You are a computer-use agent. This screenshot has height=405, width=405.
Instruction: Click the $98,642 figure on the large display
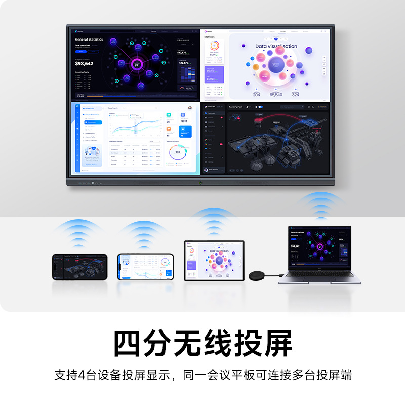click(84, 63)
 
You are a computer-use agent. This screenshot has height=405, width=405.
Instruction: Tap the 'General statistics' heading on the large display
click(89, 39)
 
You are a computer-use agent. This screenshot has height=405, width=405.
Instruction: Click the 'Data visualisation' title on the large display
click(276, 46)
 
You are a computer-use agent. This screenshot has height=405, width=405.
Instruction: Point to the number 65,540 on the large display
click(276, 95)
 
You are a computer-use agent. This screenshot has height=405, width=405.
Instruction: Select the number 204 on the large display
click(256, 95)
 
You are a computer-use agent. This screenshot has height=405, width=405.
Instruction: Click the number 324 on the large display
click(295, 95)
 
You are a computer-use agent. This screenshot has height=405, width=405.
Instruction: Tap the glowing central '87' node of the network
click(137, 64)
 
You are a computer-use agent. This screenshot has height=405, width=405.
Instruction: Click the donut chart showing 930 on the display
click(177, 152)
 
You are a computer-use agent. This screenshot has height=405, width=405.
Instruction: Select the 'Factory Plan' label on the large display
click(236, 107)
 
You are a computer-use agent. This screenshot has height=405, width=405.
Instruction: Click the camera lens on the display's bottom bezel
click(200, 182)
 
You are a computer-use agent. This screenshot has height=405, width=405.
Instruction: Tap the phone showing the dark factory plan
click(79, 266)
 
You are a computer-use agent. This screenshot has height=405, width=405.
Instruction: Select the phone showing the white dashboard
click(145, 266)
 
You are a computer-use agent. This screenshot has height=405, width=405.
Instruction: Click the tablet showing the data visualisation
click(214, 261)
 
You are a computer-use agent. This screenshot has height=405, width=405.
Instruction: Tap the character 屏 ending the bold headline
click(277, 344)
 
